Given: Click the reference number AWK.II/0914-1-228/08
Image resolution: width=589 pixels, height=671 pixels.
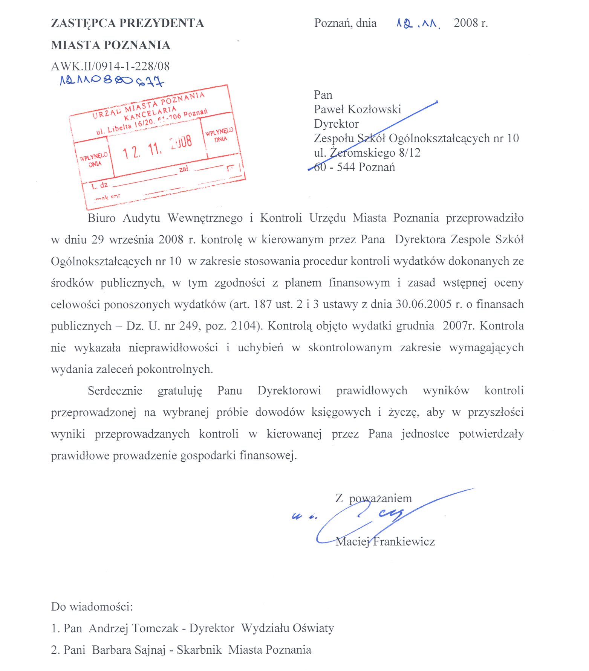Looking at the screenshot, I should click(110, 66).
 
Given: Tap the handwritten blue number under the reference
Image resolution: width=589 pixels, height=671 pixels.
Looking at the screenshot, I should click(112, 80).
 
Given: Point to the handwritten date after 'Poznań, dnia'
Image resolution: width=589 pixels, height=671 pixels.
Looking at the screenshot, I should click(418, 24).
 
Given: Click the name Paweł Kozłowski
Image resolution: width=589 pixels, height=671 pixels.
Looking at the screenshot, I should click(357, 109).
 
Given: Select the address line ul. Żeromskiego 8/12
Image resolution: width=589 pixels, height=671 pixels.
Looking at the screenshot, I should click(367, 152).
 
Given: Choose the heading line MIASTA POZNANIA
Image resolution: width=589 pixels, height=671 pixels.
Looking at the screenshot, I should click(110, 45).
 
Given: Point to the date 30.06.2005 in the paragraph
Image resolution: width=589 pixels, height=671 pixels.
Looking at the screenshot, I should click(424, 304).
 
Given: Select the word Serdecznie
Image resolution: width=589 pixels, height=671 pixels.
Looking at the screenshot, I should click(115, 390).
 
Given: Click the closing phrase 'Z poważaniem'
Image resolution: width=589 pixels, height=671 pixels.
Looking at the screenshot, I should click(373, 498).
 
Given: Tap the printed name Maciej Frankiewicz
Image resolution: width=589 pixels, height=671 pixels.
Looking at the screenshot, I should click(385, 541).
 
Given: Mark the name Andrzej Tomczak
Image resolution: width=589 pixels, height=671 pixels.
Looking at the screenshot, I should click(134, 628).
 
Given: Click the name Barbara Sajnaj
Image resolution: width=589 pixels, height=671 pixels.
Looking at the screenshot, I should click(129, 650).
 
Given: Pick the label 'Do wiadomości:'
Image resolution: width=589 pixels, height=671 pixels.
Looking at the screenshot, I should click(92, 607).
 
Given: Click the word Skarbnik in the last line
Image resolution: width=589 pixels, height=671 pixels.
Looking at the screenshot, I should click(199, 650).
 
